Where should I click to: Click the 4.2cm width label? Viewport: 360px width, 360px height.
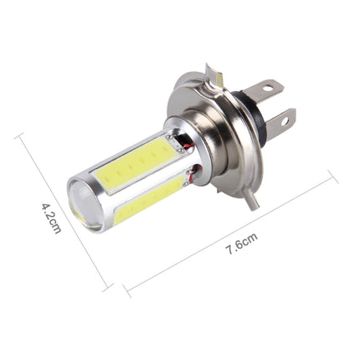51,217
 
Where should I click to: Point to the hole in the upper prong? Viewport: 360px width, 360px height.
270,88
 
